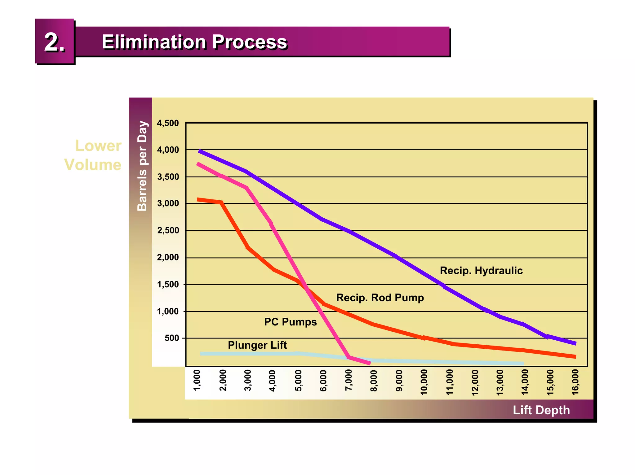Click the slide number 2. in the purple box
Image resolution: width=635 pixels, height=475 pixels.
[x=55, y=42]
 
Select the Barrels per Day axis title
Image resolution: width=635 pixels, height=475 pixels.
[x=142, y=166]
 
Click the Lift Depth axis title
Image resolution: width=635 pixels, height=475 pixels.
[x=541, y=410]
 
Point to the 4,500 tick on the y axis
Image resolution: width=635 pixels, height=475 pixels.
[x=168, y=123]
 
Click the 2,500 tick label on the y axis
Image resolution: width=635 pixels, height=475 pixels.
[x=168, y=230]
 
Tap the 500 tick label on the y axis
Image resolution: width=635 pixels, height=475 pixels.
[x=172, y=338]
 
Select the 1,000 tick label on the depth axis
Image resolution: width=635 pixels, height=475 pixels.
[x=197, y=380]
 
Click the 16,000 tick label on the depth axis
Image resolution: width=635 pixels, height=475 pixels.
[x=575, y=382]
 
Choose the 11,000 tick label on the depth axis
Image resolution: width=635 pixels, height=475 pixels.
[x=450, y=382]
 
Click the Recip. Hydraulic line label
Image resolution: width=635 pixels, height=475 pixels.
[x=481, y=271]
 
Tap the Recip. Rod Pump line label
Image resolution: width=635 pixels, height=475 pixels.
[x=380, y=298]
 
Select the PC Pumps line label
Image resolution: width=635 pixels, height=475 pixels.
[x=290, y=322]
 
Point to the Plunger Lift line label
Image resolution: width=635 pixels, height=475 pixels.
[x=257, y=345]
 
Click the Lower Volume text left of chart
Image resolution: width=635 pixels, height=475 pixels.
[x=93, y=155]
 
